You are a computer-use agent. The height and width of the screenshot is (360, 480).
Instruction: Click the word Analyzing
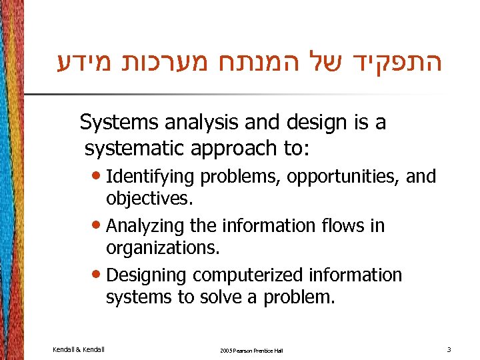click(x=145, y=226)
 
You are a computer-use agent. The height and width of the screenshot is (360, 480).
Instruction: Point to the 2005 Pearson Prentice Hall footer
click(x=251, y=349)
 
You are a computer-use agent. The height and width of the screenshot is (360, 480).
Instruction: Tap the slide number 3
click(x=449, y=349)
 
